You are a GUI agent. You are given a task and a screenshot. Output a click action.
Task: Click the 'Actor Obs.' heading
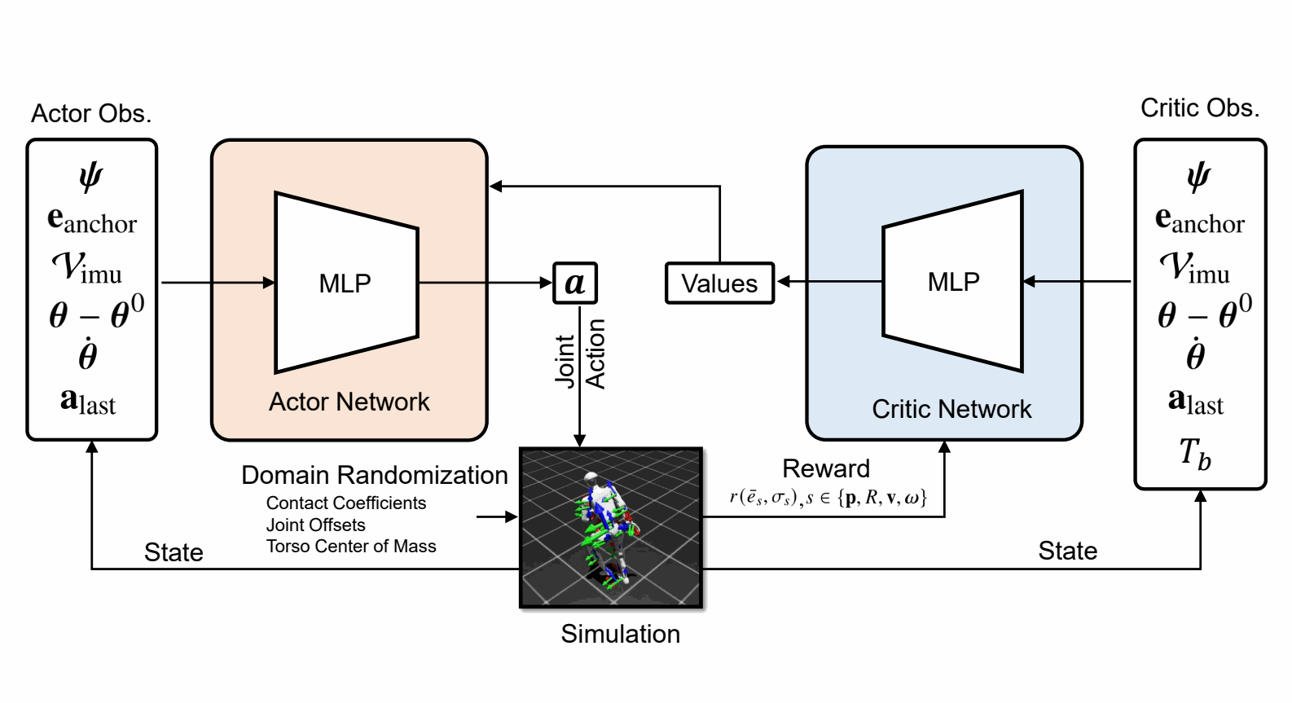tap(91, 113)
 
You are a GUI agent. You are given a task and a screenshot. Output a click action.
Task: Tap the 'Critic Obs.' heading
tap(1200, 108)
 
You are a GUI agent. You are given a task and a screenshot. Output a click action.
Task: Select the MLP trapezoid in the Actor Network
tap(347, 283)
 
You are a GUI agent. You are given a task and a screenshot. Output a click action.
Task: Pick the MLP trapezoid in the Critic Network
tap(953, 281)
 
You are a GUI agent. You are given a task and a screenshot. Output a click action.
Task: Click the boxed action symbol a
tap(575, 283)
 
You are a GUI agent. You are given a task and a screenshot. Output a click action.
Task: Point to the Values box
tap(720, 283)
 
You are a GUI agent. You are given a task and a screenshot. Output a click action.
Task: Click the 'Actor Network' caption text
tap(349, 402)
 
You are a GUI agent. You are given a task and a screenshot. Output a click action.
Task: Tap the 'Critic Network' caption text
tap(951, 410)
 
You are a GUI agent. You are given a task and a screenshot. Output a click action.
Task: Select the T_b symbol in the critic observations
tap(1194, 455)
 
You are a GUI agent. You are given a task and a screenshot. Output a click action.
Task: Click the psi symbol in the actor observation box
tap(91, 177)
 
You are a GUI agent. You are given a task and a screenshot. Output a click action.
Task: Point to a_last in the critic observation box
tap(1195, 401)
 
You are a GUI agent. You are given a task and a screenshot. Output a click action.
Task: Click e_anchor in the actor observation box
tap(92, 221)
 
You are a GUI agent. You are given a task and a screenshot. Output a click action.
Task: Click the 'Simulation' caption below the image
tap(621, 635)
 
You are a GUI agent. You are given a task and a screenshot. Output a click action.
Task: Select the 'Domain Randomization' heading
tap(375, 475)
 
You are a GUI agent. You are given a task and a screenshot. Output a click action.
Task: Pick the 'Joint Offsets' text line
tap(315, 525)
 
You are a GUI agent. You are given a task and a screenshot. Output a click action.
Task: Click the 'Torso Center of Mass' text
tap(350, 546)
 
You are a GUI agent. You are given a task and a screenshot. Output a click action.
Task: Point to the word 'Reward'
tap(826, 469)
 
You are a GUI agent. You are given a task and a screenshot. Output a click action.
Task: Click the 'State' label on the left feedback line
tap(174, 552)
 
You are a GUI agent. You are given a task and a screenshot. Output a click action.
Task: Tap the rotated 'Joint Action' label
tap(580, 354)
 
